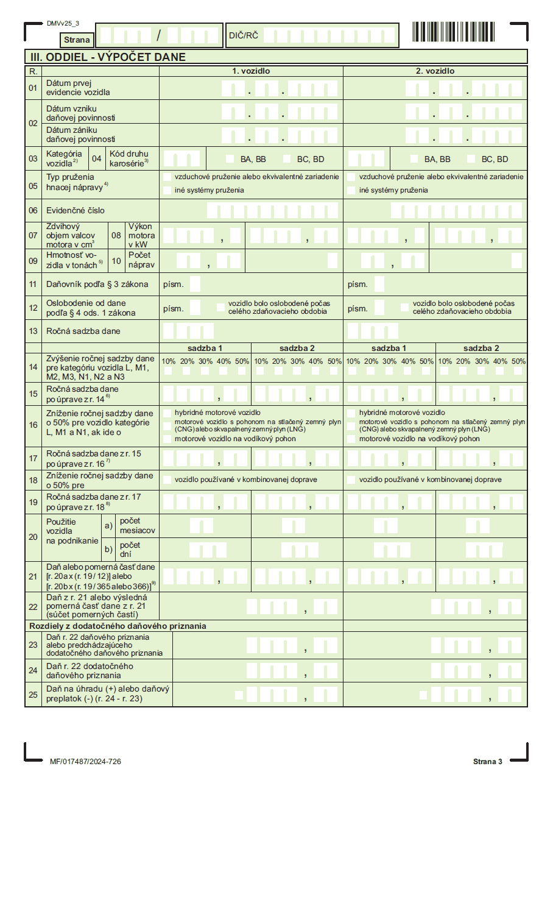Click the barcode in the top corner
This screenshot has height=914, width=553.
(452, 32)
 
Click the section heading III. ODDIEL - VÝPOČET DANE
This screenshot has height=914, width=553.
(108, 57)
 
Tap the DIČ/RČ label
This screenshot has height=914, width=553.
(244, 35)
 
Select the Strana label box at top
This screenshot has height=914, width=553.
(77, 40)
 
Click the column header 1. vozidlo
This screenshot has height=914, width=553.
(251, 71)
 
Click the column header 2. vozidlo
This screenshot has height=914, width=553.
(435, 71)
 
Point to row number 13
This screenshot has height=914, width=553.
(33, 331)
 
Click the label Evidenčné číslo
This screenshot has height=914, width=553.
(76, 210)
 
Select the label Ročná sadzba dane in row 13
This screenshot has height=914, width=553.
(83, 331)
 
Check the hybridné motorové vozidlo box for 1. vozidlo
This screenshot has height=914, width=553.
(167, 413)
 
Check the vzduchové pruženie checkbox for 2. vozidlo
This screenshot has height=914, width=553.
(351, 177)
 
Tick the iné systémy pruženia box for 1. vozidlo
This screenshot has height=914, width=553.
(167, 190)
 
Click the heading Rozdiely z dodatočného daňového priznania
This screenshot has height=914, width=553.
(118, 626)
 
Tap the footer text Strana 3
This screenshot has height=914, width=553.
(487, 762)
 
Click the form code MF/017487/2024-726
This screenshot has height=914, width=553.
(85, 762)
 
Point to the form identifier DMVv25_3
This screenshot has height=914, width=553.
(63, 24)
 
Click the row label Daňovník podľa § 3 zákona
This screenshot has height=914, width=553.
(97, 284)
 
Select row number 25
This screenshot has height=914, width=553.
(33, 694)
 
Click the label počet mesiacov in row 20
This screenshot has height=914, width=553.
(137, 526)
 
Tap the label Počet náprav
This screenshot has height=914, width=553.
(141, 260)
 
